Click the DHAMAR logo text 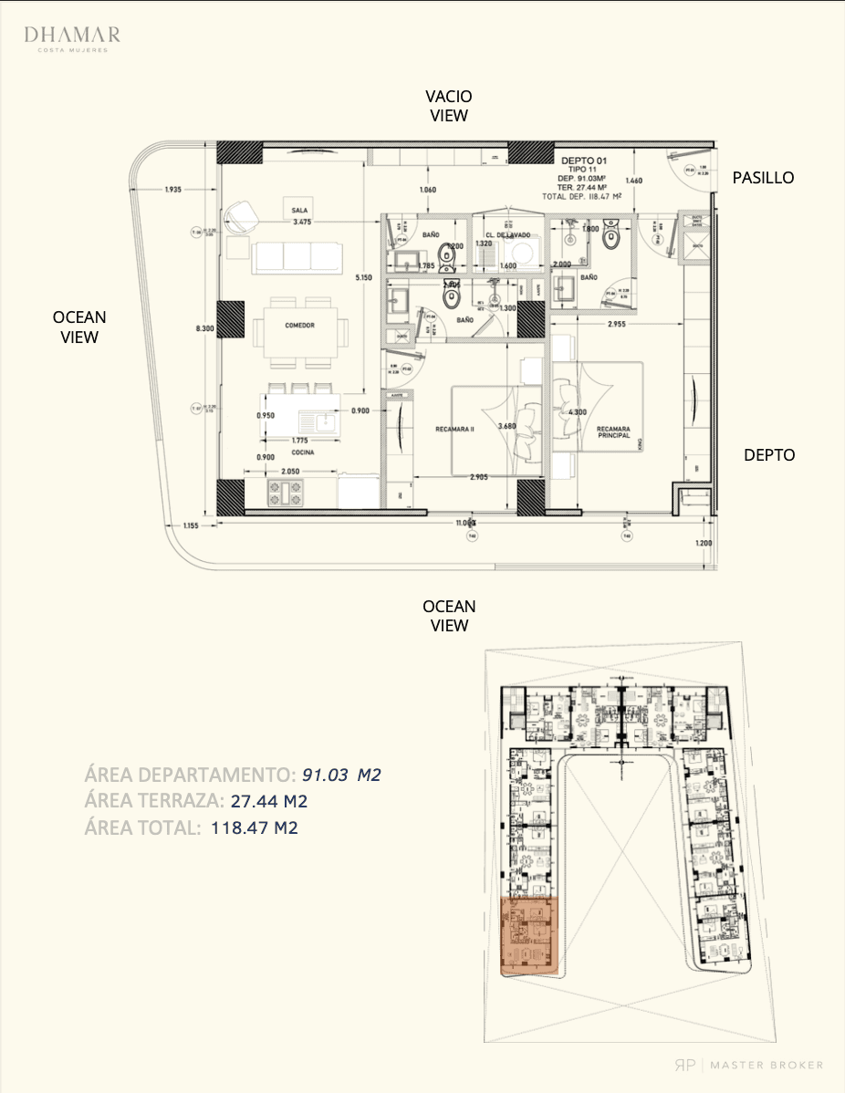click(x=71, y=36)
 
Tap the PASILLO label click(x=763, y=178)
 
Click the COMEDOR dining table click(x=299, y=327)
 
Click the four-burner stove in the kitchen click(x=284, y=493)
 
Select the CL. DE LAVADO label click(x=508, y=233)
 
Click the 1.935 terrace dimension click(x=173, y=189)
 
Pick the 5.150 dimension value click(x=364, y=277)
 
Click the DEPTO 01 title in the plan click(x=584, y=160)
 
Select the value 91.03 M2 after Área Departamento click(x=341, y=776)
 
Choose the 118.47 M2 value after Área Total click(x=255, y=828)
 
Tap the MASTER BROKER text click(x=770, y=1065)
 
